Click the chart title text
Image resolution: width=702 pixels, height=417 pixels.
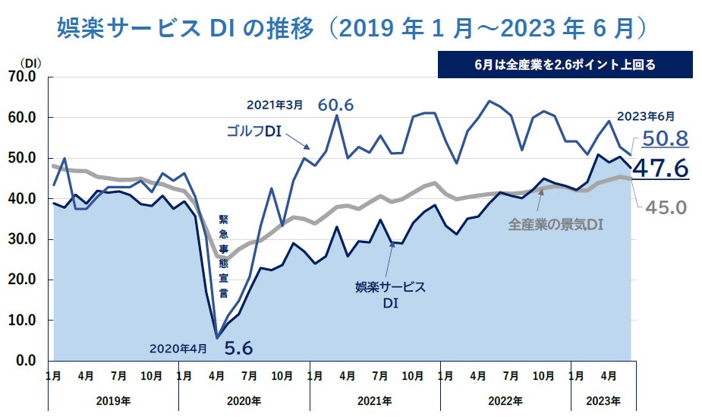354,28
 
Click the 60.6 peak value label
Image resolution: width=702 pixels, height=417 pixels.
336,105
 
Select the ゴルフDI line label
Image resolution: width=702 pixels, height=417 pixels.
254,131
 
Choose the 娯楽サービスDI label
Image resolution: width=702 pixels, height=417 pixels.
390,294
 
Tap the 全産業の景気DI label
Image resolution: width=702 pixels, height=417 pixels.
556,225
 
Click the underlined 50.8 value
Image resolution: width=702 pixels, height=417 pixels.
665,138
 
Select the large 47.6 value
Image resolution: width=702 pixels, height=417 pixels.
660,167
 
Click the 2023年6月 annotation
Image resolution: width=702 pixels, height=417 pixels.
644,116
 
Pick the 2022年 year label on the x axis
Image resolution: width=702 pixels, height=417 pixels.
505,400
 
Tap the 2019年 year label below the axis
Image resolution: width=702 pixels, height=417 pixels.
114,400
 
